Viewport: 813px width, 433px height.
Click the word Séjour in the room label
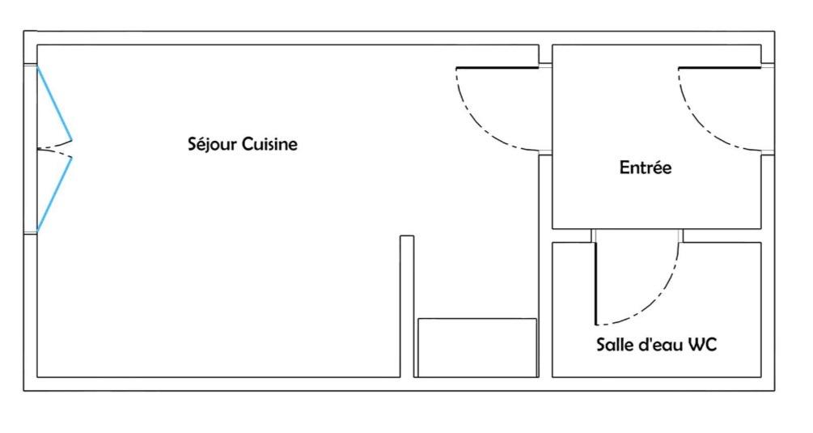pyautogui.click(x=213, y=143)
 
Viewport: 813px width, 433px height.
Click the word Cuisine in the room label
pyautogui.click(x=270, y=143)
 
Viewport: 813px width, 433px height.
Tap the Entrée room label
pyautogui.click(x=646, y=167)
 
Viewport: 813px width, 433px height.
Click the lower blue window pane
pyautogui.click(x=54, y=194)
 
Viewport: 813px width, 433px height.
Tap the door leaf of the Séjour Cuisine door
pyautogui.click(x=498, y=68)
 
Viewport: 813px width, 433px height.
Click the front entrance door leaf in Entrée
pyautogui.click(x=720, y=68)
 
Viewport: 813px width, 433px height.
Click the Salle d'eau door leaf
pyautogui.click(x=595, y=283)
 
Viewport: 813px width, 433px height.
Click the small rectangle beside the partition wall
pyautogui.click(x=477, y=347)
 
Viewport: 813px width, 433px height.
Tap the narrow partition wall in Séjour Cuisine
pyautogui.click(x=407, y=306)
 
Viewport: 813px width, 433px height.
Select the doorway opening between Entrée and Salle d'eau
pyautogui.click(x=637, y=236)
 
